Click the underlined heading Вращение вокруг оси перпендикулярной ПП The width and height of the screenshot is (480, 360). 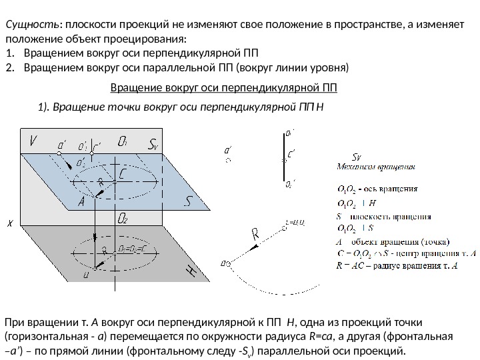[x=223, y=87]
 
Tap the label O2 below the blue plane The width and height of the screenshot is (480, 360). [x=122, y=219]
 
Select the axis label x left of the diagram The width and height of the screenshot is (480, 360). [x=9, y=224]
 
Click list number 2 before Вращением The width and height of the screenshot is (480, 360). [x=9, y=67]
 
